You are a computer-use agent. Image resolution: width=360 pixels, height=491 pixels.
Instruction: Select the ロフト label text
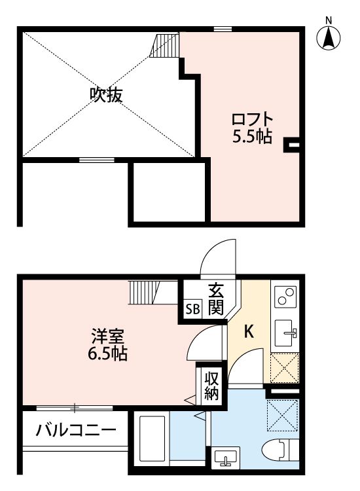252,120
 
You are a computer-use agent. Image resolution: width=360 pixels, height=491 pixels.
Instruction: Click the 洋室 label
107,338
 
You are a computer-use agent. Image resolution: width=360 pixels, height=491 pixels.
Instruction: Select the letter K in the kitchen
249,332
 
